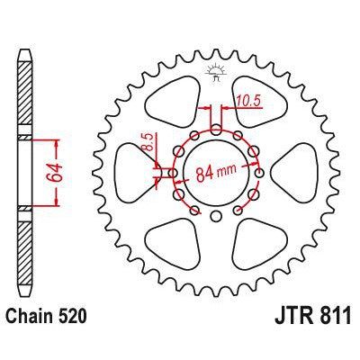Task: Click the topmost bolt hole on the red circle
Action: (x=214, y=129)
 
